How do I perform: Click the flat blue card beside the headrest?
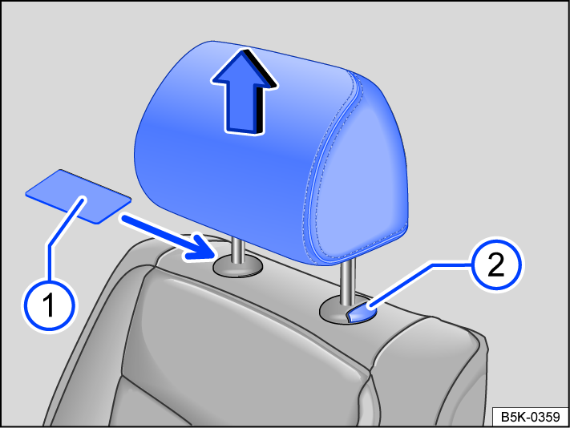tap(78, 195)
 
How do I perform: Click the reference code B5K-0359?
tap(529, 417)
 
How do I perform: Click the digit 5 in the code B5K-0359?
tap(514, 417)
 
